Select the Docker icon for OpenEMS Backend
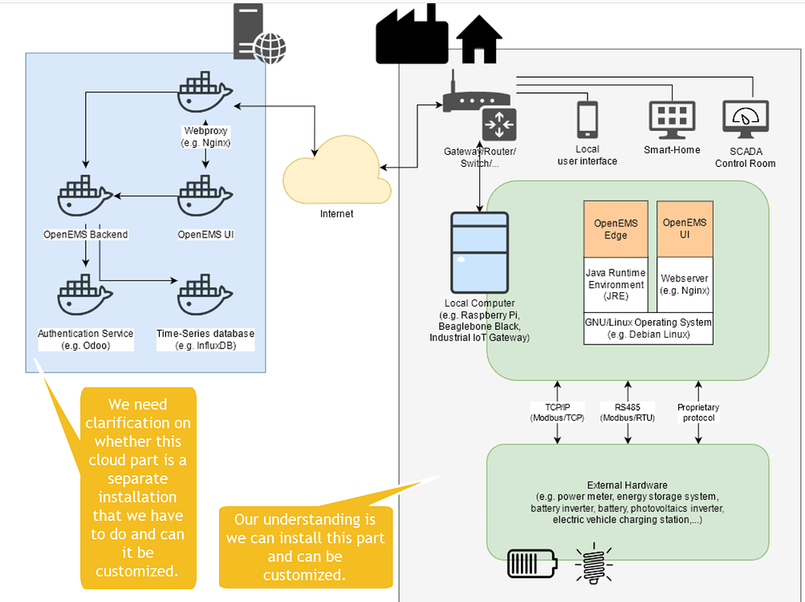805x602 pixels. point(86,196)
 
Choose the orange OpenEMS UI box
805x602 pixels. point(685,229)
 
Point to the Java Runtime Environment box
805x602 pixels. point(616,284)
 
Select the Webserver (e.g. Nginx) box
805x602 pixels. point(685,284)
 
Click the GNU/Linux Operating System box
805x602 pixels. point(648,327)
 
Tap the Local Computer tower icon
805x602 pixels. point(480,252)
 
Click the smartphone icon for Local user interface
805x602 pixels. point(587,119)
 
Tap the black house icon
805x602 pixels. point(478,39)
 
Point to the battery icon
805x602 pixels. point(531,563)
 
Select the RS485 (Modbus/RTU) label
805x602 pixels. point(628,413)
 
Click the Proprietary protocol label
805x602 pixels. point(698,413)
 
